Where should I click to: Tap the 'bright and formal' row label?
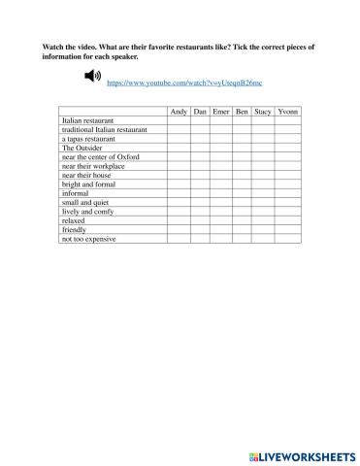(x=88, y=184)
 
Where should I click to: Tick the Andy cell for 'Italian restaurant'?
(x=179, y=121)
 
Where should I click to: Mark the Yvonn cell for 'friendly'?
(x=288, y=229)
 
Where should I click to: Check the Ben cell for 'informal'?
(x=243, y=193)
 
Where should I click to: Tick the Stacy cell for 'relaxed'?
(x=263, y=220)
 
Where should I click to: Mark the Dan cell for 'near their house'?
(x=200, y=175)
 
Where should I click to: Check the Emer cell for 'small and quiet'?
(x=222, y=202)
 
